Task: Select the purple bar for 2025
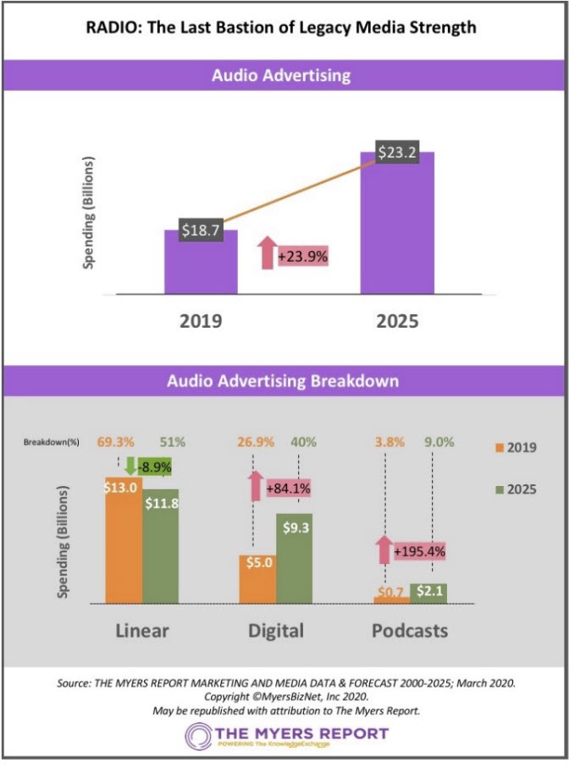(397, 229)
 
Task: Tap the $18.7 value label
(201, 229)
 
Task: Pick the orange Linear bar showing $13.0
(124, 550)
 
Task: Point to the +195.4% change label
(418, 552)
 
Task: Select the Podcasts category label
(410, 631)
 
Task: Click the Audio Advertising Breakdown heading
(284, 381)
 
